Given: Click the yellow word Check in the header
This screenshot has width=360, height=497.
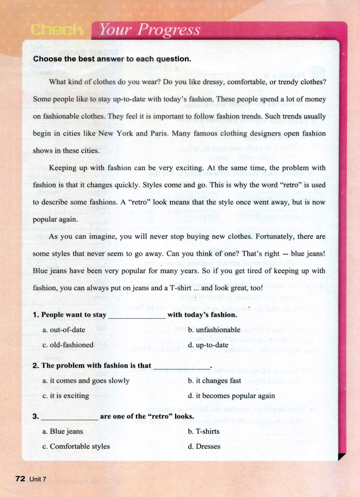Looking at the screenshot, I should coord(57,30).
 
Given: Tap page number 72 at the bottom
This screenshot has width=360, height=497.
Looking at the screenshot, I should coord(20,479).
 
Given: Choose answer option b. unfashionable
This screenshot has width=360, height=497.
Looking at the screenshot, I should coord(214,330).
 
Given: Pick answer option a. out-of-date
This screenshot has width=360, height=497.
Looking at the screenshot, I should coord(64,330).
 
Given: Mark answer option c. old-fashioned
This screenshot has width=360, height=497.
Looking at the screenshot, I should coord(68,345).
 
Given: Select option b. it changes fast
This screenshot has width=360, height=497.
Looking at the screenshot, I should coord(214,381).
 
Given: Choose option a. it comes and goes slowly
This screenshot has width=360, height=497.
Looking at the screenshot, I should coord(86,381).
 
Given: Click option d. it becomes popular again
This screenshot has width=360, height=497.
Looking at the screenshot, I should coord(231,396).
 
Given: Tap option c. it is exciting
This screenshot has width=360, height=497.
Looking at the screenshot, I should coord(66,396).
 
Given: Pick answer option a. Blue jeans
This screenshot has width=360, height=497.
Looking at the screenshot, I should coord(63,431).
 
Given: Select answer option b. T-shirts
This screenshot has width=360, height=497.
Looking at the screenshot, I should coord(204,431).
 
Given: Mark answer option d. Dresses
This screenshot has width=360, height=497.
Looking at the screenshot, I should coord(204,446).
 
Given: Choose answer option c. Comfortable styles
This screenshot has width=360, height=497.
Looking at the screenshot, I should coord(76,446).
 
